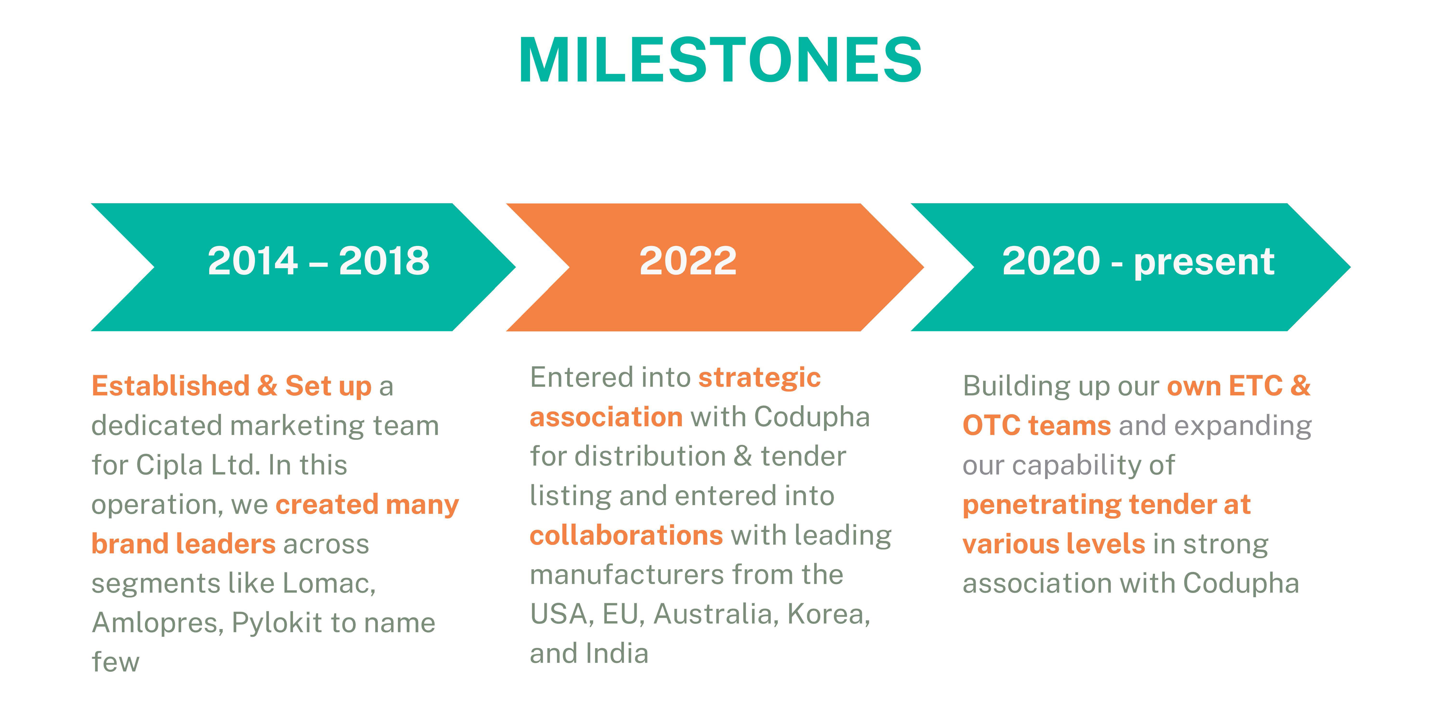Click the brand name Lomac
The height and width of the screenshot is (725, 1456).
pyautogui.click(x=329, y=583)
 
